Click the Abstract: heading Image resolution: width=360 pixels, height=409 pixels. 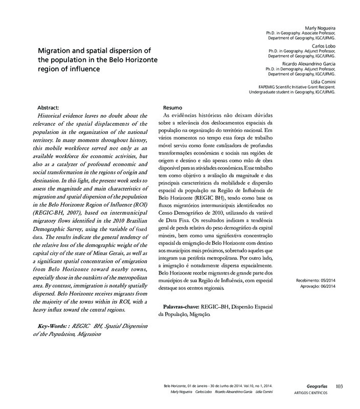pos(50,108)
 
